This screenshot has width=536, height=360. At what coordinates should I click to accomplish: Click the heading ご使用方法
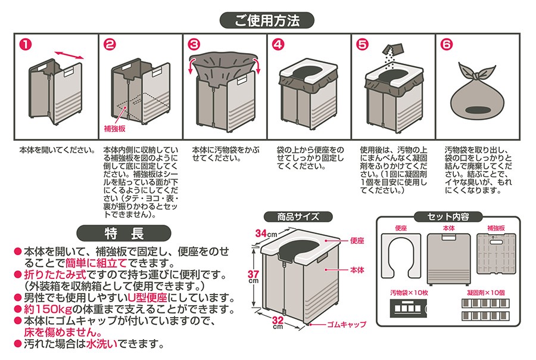pyautogui.click(x=267, y=21)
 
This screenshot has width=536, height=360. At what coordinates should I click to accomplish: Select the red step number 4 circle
pyautogui.click(x=278, y=44)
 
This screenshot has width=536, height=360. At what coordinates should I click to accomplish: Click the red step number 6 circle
pyautogui.click(x=445, y=44)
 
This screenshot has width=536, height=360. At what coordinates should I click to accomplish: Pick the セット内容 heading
pyautogui.click(x=447, y=216)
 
